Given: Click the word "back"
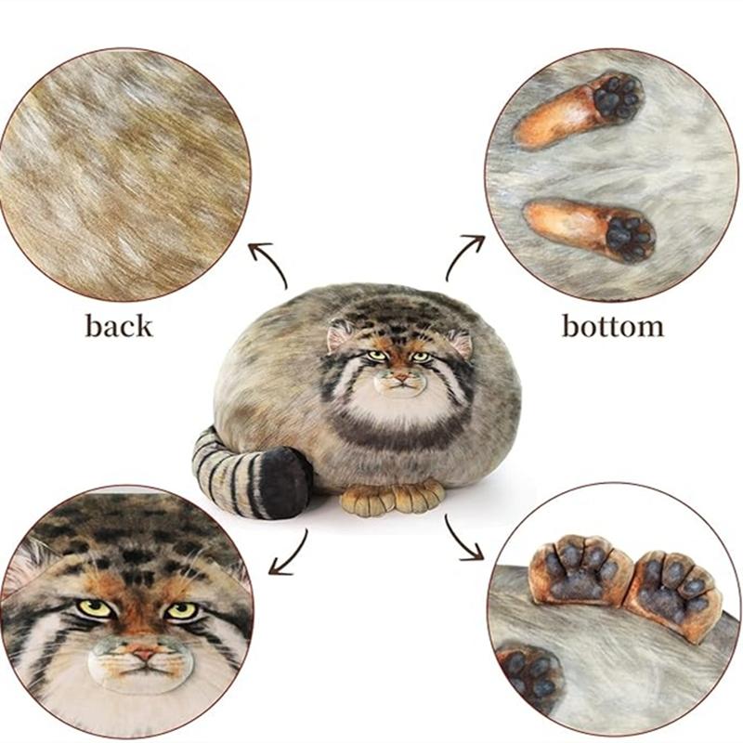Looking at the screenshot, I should coord(119,326).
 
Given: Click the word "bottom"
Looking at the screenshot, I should coord(613,326).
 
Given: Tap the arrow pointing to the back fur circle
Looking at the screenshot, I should coord(267,264).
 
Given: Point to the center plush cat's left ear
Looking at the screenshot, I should coord(340,334).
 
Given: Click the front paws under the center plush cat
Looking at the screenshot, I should coord(392,499).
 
